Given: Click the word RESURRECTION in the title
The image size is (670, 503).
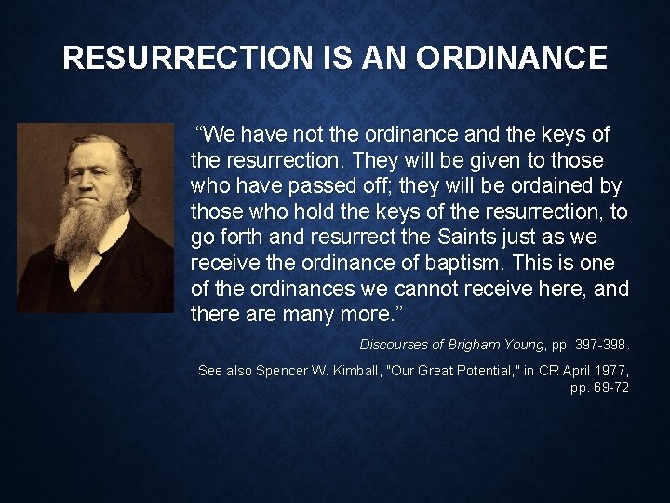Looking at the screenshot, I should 177,59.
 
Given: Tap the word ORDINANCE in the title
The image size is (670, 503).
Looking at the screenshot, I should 512,59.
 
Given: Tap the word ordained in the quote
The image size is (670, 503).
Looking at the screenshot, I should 553,186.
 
